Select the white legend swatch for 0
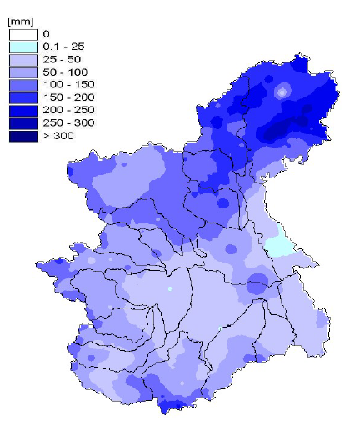24,35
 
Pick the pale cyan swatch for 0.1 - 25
24,47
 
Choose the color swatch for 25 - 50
24,60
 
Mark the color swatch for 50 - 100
24,72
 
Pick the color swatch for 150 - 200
24,97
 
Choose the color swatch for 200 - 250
24,110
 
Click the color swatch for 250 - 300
24,122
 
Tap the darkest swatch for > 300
24,135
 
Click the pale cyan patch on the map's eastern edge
280,245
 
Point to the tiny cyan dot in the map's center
169,288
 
